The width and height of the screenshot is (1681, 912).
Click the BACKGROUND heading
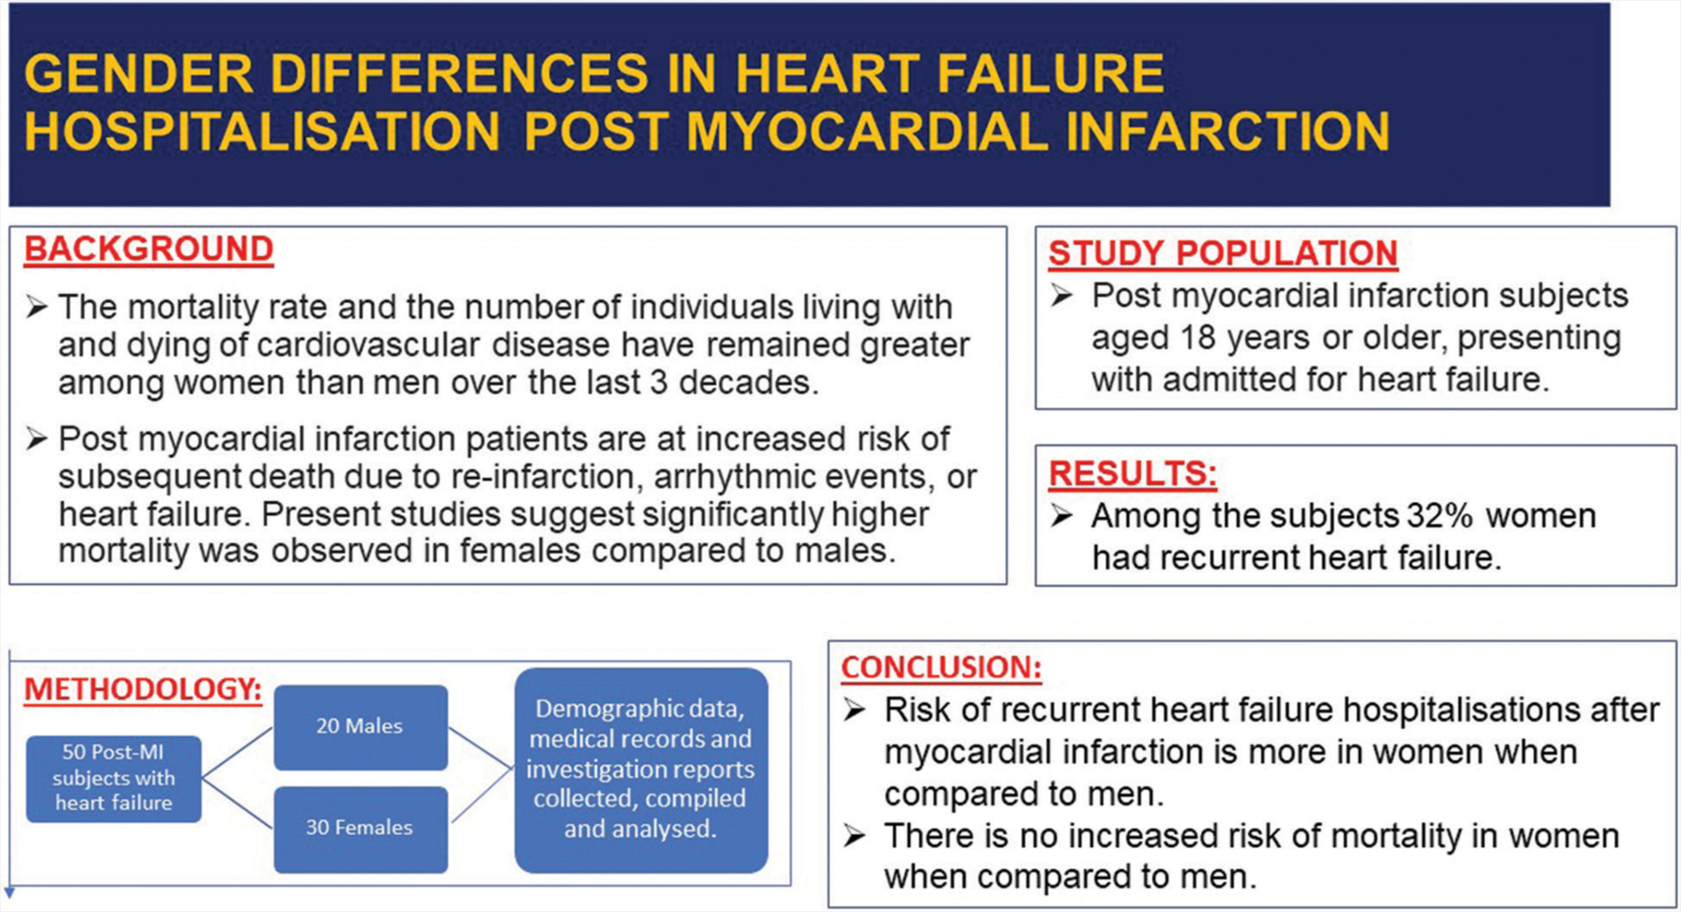pyautogui.click(x=148, y=250)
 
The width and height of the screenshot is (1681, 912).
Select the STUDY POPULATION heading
pyautogui.click(x=1222, y=253)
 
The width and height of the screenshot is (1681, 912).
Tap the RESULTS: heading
pyautogui.click(x=1133, y=473)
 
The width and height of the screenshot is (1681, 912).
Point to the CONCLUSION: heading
pyautogui.click(x=941, y=667)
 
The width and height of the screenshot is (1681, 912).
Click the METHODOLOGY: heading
pyautogui.click(x=143, y=689)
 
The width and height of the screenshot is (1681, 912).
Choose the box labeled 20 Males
pyautogui.click(x=360, y=727)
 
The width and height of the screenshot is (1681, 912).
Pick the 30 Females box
pyautogui.click(x=360, y=828)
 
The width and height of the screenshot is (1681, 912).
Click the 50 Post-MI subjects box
pyautogui.click(x=114, y=778)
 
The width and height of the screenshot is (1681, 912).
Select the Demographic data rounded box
pyautogui.click(x=641, y=770)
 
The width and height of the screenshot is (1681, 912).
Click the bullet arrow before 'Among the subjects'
pyautogui.click(x=1061, y=516)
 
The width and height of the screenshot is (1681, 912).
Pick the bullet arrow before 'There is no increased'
pyautogui.click(x=854, y=836)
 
